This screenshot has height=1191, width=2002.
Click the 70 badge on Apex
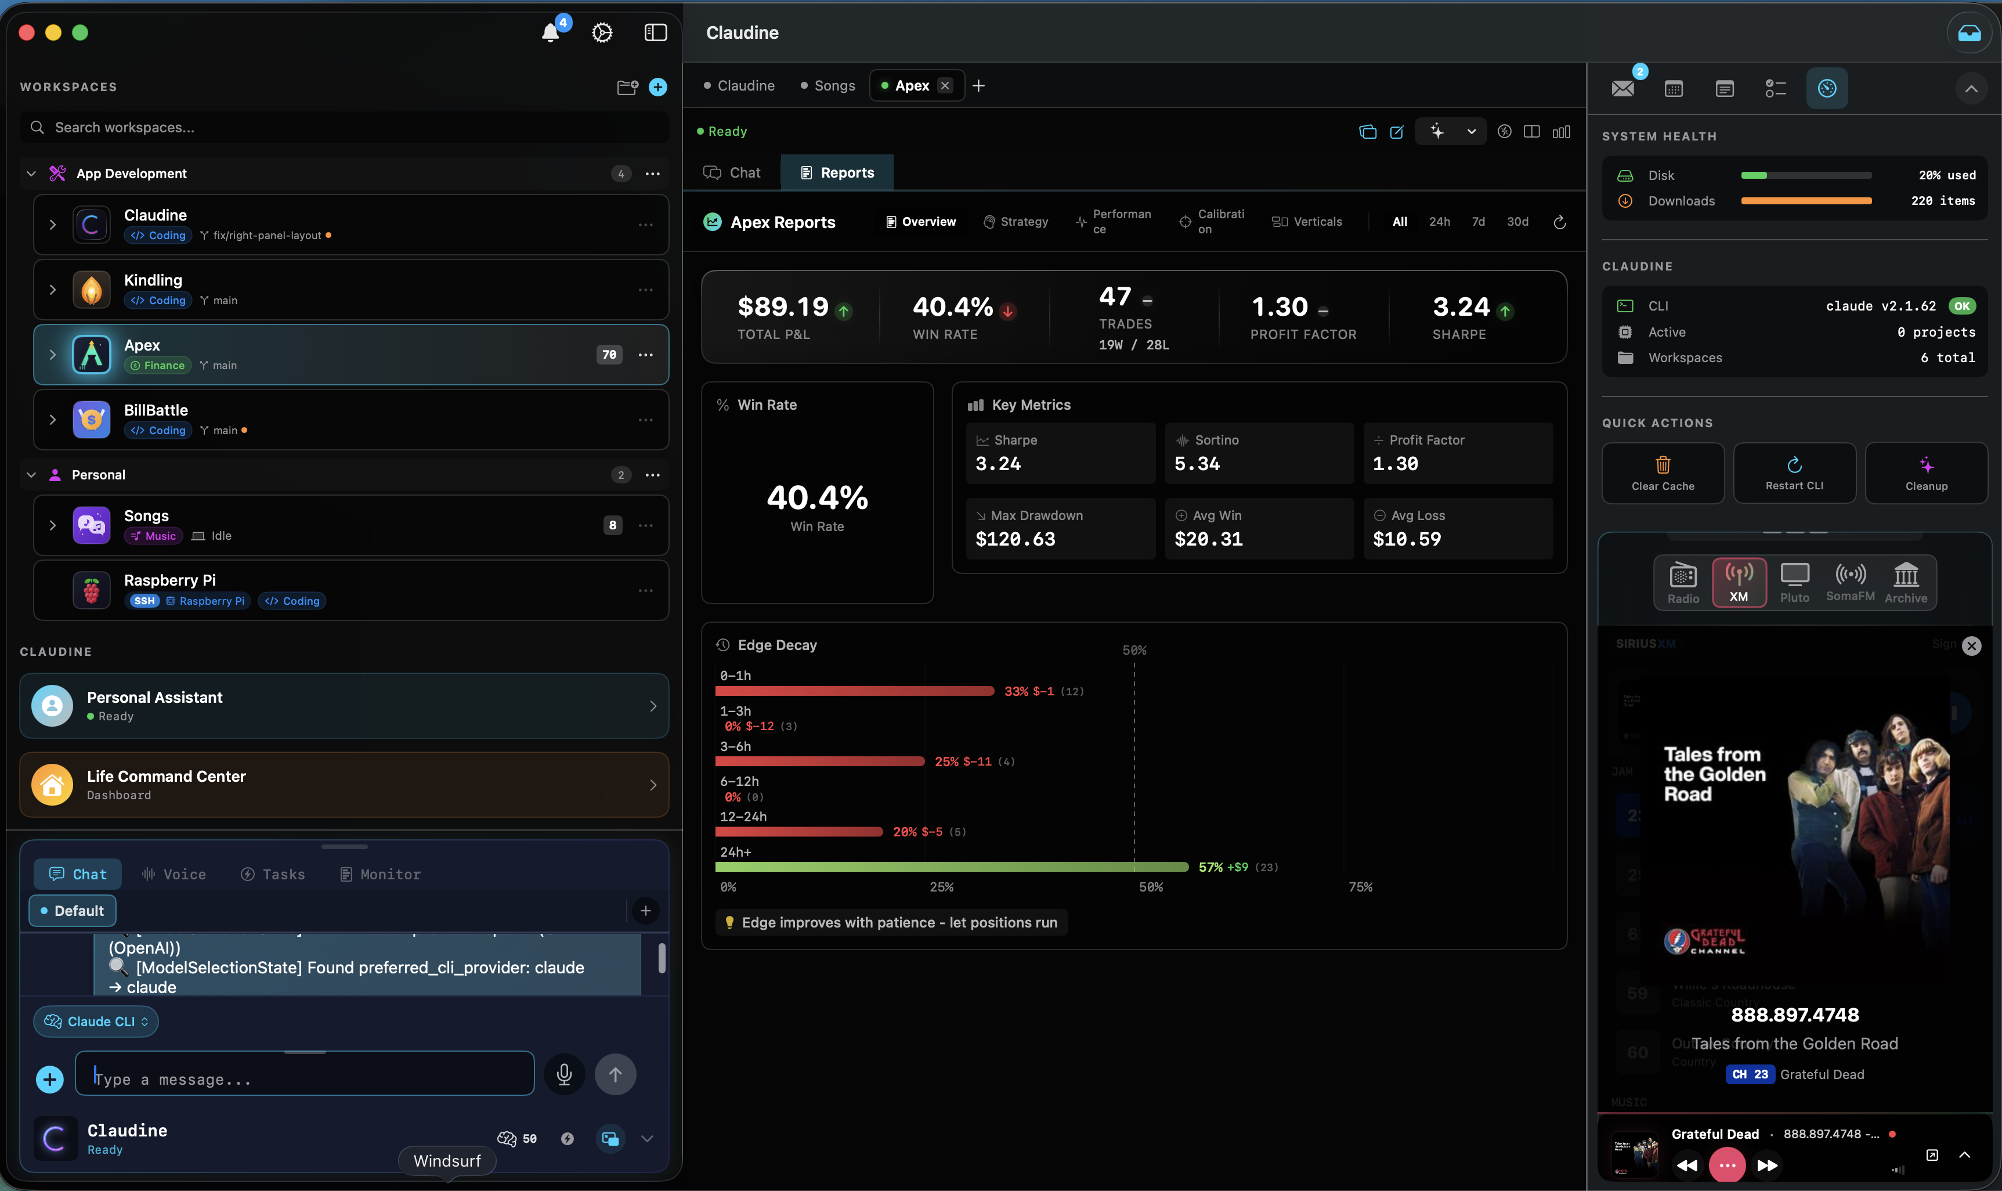[x=609, y=355]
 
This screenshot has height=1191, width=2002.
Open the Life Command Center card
[x=344, y=785]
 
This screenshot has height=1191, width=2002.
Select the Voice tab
[x=174, y=874]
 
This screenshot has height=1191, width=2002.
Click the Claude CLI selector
[x=96, y=1022]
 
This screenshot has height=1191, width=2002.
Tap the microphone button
[x=564, y=1074]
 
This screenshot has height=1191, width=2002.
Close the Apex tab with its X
[x=945, y=86]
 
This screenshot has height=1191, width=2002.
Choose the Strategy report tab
[x=1016, y=222]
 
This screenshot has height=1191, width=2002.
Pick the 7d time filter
[x=1478, y=222]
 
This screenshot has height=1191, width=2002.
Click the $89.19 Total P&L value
[x=782, y=306]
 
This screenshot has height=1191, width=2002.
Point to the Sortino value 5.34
[x=1197, y=464]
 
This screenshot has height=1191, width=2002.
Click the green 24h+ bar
[x=951, y=867]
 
